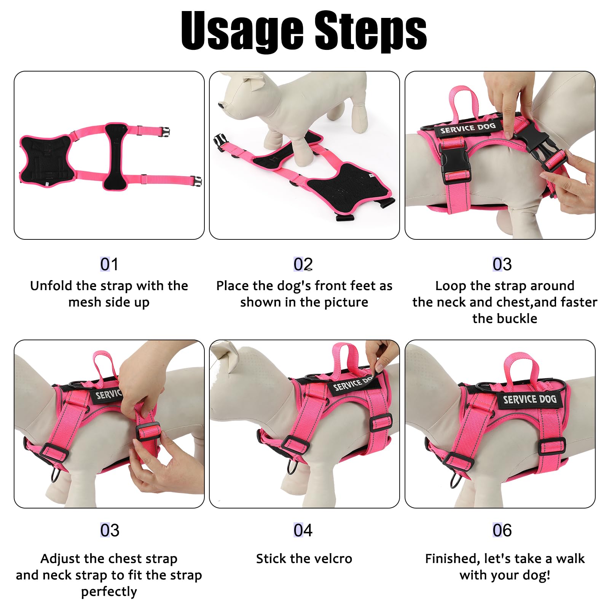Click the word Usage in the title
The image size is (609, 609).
242,31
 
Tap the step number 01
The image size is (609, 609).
109,264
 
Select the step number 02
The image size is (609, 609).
303,264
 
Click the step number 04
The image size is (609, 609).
303,530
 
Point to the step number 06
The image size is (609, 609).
502,530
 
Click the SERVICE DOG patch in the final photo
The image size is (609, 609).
529,400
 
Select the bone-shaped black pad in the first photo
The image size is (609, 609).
116,156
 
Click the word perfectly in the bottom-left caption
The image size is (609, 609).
109,592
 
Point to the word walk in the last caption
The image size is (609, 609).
570,559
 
